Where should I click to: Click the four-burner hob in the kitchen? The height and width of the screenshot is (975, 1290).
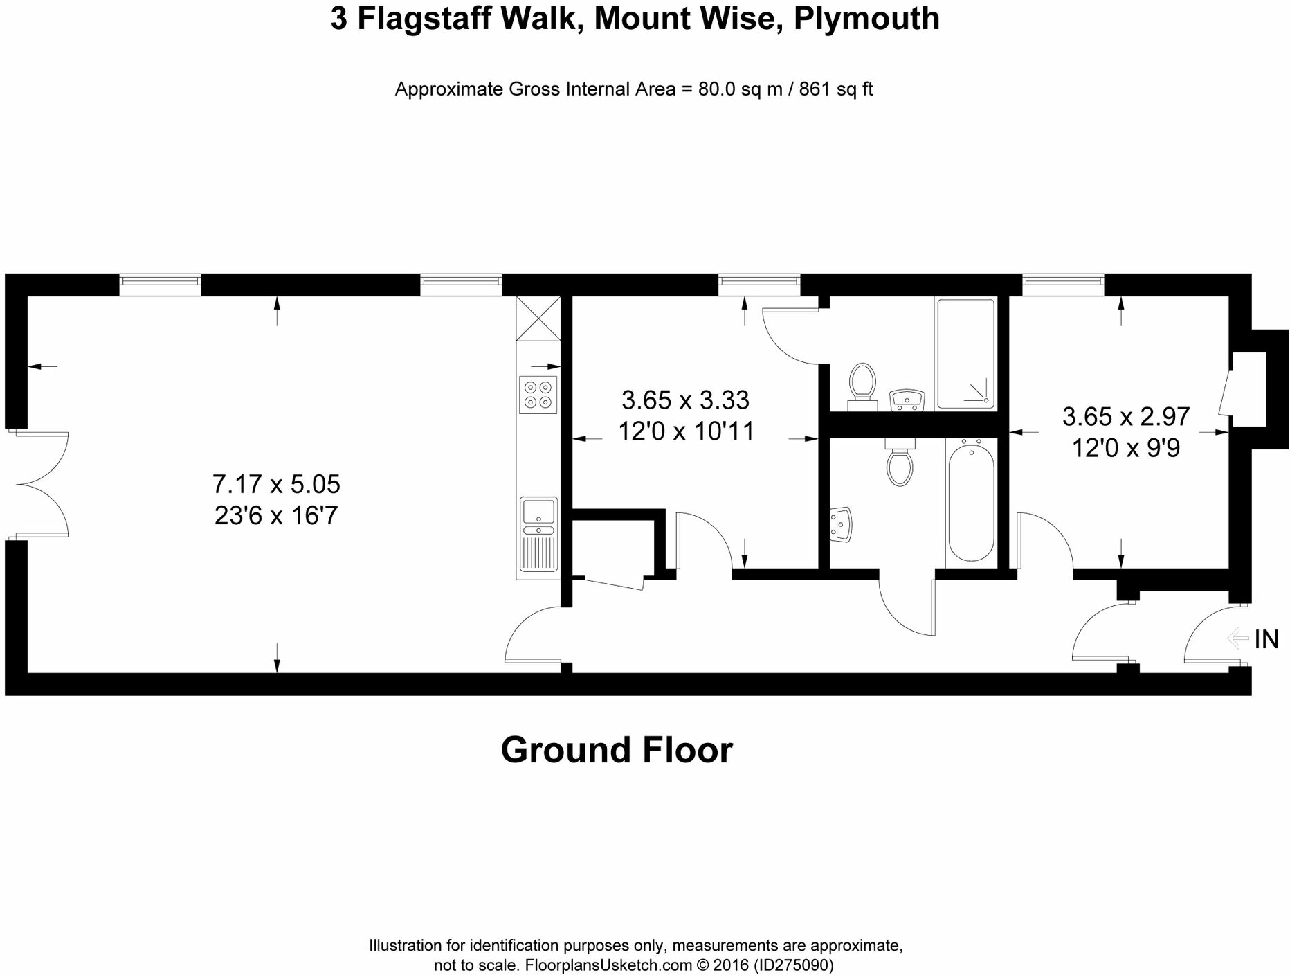click(538, 395)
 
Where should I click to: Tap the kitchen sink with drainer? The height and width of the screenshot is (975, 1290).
click(538, 538)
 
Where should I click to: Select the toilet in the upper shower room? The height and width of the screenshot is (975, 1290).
click(862, 381)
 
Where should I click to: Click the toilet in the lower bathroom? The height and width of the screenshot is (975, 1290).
click(899, 463)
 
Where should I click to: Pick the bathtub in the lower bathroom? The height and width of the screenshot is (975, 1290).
click(971, 502)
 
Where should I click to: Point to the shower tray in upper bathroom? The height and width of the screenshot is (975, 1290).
click(966, 354)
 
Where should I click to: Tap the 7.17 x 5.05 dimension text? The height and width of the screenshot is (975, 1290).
click(276, 484)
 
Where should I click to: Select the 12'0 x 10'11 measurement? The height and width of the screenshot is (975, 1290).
click(685, 431)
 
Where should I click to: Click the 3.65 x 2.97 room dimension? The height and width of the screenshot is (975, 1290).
click(1125, 416)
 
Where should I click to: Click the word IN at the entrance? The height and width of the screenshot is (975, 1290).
click(1266, 639)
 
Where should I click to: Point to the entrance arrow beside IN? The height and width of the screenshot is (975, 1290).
click(1238, 638)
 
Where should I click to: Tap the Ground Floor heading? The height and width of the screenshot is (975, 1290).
click(616, 750)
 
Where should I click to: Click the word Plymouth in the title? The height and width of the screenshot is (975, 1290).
click(866, 19)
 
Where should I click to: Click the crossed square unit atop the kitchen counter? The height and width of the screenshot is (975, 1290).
click(538, 319)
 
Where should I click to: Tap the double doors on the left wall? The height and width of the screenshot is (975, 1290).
click(40, 484)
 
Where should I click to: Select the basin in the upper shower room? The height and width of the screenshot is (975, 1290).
click(907, 400)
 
